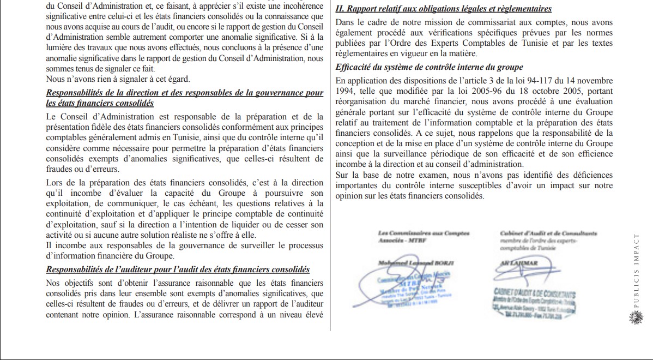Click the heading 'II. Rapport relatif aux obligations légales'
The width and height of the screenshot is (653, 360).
pos(444,9)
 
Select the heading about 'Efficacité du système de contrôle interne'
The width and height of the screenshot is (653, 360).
pos(430,67)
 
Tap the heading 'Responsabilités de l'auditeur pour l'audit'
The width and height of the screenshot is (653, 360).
pos(178,269)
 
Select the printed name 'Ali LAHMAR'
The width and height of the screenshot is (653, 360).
pos(519,263)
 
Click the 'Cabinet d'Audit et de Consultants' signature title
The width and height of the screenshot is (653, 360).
pos(548,233)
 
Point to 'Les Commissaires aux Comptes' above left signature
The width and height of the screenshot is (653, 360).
pos(423,233)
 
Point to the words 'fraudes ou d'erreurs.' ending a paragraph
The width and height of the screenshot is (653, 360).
pos(83,169)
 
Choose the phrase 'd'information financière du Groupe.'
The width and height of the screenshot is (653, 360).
pos(110,255)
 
